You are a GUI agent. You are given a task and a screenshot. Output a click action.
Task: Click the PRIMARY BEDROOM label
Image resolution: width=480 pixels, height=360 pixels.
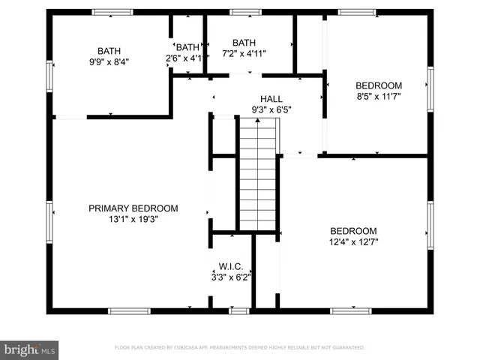[133, 208]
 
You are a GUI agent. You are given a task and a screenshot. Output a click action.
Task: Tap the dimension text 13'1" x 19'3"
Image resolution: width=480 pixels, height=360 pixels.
[133, 220]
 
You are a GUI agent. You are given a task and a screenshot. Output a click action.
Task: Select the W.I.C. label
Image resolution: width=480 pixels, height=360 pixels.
[229, 265]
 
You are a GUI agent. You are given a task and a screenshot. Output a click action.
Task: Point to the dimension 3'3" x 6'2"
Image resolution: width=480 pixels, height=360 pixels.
[229, 277]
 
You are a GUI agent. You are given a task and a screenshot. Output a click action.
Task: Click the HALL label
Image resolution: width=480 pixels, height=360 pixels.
[271, 99]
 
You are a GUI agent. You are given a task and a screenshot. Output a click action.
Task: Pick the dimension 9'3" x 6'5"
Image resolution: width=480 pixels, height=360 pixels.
[271, 109]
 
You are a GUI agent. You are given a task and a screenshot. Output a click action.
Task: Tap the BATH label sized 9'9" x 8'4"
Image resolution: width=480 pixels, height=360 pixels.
[109, 51]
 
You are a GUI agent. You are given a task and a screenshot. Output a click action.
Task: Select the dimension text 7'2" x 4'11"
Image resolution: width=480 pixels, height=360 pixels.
[244, 53]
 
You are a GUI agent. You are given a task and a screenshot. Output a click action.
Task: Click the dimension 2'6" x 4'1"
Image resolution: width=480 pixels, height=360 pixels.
[187, 58]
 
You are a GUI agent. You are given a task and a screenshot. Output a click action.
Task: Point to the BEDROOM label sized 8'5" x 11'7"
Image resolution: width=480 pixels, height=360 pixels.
[379, 85]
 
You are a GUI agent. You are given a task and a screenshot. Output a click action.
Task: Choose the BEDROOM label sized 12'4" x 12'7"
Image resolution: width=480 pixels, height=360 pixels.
[354, 231]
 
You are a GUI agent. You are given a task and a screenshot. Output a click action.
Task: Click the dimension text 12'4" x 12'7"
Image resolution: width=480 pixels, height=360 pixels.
[354, 242]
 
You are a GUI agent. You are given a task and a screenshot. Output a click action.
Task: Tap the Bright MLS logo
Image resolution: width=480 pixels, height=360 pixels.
[29, 349]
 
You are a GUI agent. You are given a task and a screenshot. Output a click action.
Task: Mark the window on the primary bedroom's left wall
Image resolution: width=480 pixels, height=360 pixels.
[49, 217]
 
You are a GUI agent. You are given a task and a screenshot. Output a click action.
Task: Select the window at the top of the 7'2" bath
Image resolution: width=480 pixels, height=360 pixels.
[241, 12]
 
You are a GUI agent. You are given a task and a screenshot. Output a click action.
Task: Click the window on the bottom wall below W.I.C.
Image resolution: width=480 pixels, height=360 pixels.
[238, 310]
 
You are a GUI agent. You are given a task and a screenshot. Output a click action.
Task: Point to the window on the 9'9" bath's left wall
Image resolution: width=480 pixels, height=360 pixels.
[49, 75]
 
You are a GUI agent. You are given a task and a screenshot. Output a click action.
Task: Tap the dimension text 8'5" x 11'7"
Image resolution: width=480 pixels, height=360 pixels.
[379, 96]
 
